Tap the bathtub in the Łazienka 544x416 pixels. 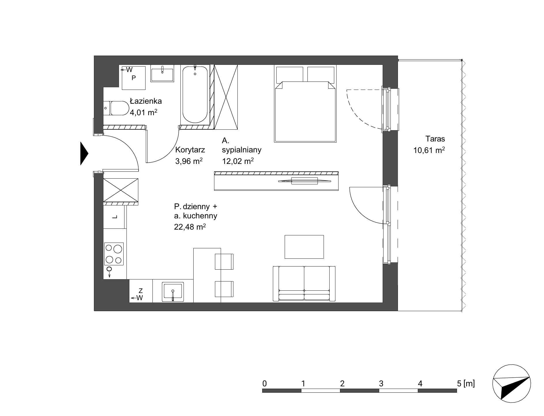(195, 94)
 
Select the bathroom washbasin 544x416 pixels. (162, 73)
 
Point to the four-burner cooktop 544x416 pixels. (114, 254)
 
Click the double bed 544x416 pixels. (305, 104)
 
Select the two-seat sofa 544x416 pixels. (304, 284)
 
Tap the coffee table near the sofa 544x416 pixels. (304, 247)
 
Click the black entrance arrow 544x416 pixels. (84, 154)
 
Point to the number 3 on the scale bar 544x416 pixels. (381, 383)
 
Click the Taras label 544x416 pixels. (435, 139)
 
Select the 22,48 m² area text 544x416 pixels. (190, 227)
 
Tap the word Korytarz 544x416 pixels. (190, 150)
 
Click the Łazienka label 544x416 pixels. (146, 101)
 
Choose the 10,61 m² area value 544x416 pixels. (429, 150)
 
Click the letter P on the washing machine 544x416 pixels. (134, 78)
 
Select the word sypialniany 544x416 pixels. (242, 150)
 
